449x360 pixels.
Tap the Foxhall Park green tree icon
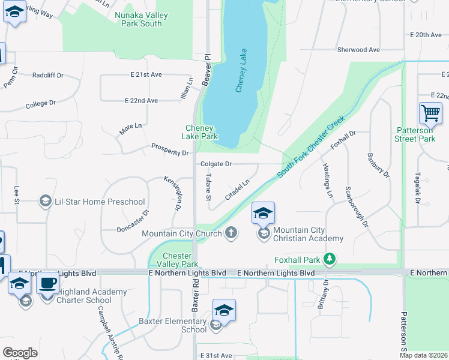coord(329,259)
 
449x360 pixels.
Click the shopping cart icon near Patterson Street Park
coord(430,113)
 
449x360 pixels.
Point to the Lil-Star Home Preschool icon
coord(44,202)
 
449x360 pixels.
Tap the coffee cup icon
coord(47,281)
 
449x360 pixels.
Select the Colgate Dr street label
coord(216,164)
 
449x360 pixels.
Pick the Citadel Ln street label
coord(237,189)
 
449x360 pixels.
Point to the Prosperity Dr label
coord(170,149)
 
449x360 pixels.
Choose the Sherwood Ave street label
coord(359,50)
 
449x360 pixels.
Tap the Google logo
coord(20,353)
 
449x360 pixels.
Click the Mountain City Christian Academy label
coord(308,234)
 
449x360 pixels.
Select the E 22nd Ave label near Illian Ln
coord(141,100)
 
